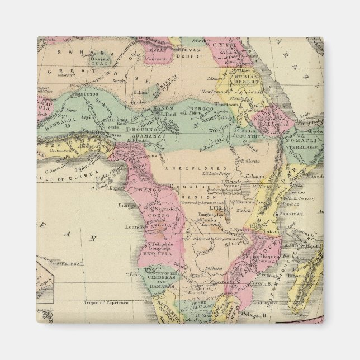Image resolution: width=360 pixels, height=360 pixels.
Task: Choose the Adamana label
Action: pyautogui.click(x=139, y=135)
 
